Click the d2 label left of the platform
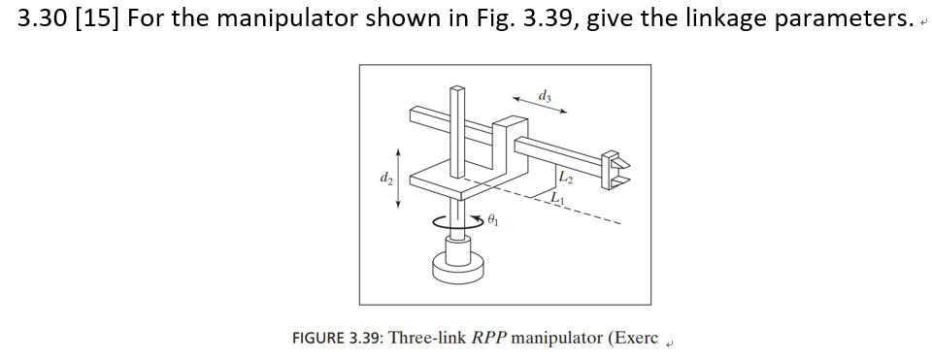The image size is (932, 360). click(385, 178)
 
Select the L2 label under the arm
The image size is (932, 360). click(567, 176)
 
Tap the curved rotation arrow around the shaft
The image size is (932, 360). click(455, 222)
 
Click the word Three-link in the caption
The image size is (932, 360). click(427, 339)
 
